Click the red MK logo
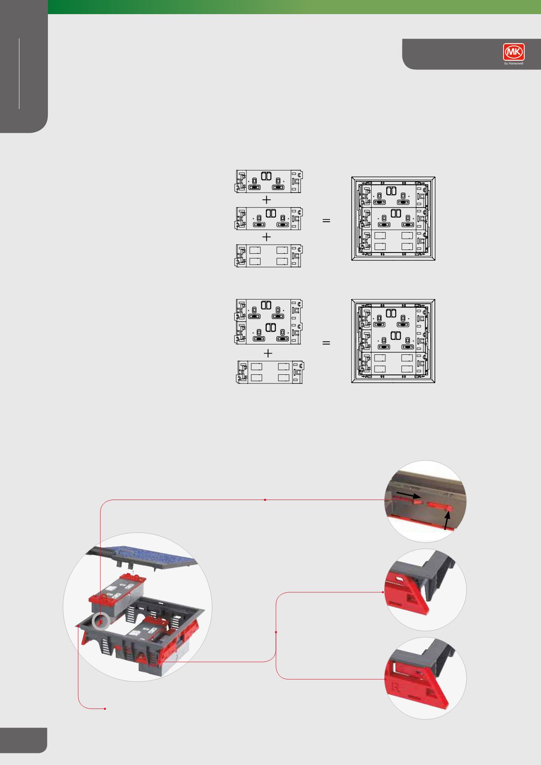[x=514, y=53]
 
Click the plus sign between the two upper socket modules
[x=267, y=200]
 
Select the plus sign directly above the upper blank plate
[x=267, y=237]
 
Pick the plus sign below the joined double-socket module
[x=269, y=354]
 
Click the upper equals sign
[x=326, y=221]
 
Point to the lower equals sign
[x=326, y=343]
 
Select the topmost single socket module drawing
[x=269, y=181]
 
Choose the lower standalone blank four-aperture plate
[x=271, y=372]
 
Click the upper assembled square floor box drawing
[x=393, y=219]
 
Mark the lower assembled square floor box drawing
[x=393, y=341]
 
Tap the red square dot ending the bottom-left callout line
[x=105, y=708]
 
